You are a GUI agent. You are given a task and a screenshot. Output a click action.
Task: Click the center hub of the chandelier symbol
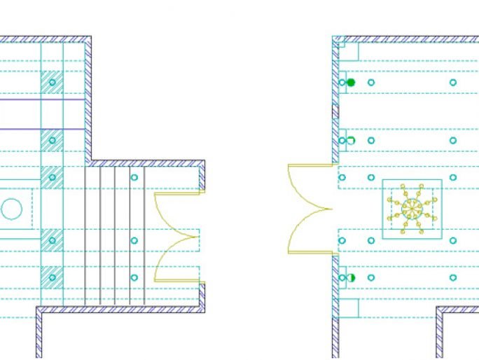412,209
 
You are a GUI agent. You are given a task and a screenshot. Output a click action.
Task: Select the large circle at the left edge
11,209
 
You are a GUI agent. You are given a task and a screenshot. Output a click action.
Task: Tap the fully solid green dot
351,83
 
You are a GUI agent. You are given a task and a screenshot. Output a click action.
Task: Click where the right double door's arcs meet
331,208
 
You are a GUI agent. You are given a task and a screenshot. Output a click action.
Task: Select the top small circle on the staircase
134,177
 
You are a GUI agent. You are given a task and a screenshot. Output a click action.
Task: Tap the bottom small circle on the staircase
134,278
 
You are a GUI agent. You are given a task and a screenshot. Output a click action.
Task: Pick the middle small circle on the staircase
134,240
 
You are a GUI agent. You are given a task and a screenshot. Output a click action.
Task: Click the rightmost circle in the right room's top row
453,83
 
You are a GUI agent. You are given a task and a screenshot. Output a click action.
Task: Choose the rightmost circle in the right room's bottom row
453,278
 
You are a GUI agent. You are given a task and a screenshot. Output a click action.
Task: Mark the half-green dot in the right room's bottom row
351,278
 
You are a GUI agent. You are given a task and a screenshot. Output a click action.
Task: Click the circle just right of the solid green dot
371,83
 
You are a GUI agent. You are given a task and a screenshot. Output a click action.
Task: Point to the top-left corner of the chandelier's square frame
383,180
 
